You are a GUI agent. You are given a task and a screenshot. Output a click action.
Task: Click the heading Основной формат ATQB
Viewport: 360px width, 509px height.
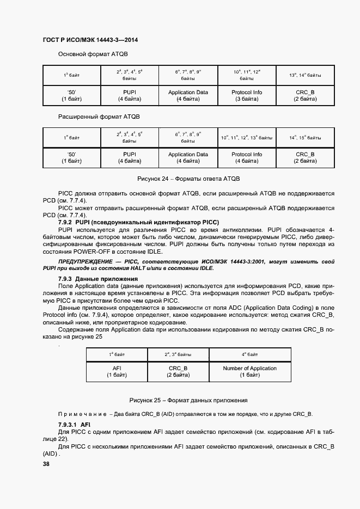coord(93,54)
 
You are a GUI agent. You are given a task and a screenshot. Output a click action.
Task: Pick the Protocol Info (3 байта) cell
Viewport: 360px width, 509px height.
coord(247,96)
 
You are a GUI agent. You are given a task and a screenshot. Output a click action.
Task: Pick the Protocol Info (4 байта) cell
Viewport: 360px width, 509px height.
coord(247,158)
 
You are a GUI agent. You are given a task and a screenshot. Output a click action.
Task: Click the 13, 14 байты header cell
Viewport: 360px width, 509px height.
coord(305,75)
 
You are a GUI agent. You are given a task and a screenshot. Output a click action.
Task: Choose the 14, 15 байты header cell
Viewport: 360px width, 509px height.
coord(305,137)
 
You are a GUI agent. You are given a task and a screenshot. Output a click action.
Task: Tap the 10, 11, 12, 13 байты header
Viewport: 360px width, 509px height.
coord(247,137)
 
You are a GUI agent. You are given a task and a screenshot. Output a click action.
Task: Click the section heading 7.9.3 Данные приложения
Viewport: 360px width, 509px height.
coord(90,279)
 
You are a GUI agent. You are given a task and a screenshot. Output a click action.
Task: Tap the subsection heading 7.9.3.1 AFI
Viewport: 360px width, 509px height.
coord(74,424)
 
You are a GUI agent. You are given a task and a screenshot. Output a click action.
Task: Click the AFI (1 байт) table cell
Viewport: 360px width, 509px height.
coord(116,372)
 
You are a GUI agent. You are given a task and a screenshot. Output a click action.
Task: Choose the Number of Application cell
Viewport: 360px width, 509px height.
coord(249,372)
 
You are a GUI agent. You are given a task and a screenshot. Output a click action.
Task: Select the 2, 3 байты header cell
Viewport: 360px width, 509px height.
coord(178,354)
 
